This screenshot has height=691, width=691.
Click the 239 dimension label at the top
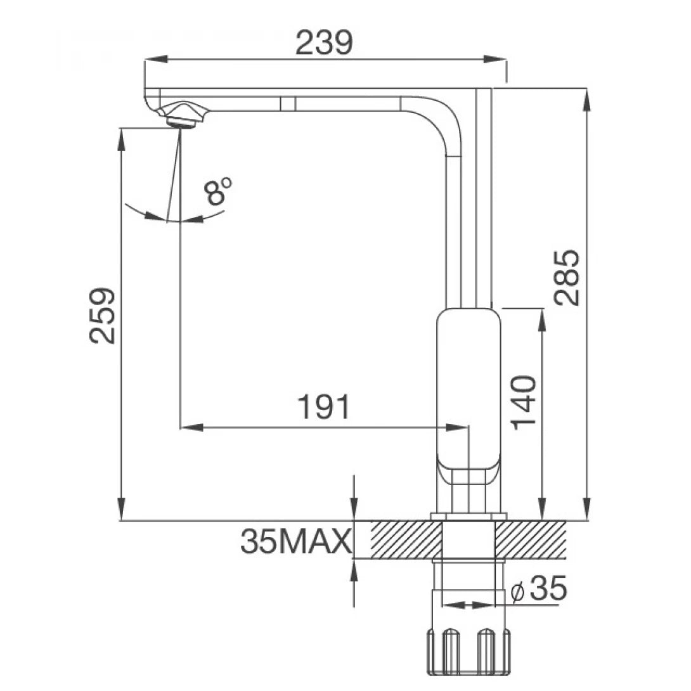(x=323, y=43)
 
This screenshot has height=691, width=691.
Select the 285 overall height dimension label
(x=566, y=277)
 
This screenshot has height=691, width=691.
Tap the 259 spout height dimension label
(x=102, y=315)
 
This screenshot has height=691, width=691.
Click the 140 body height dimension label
(x=524, y=402)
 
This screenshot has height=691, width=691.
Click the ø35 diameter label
(x=538, y=590)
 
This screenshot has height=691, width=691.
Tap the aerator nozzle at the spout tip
(x=183, y=117)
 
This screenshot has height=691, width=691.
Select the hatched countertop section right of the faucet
(x=530, y=539)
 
